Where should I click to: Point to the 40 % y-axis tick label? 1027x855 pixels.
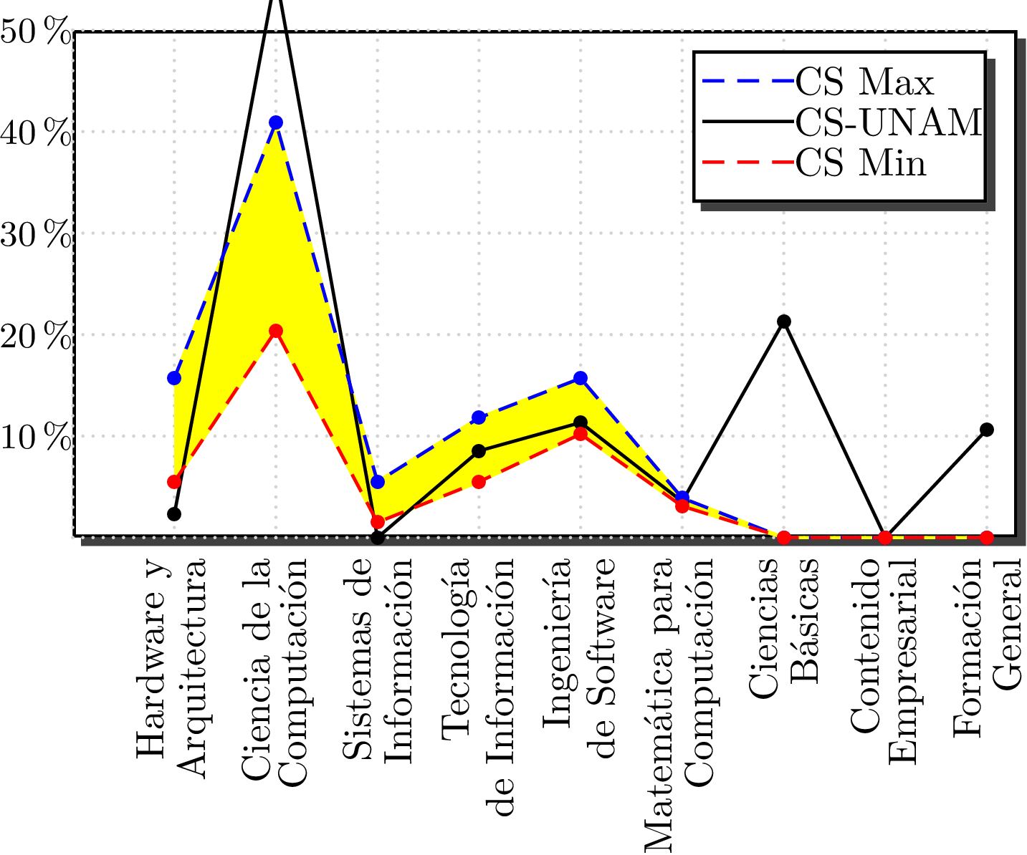pos(36,134)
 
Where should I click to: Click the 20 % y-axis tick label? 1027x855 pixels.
pos(36,337)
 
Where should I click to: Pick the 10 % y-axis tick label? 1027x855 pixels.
pos(36,438)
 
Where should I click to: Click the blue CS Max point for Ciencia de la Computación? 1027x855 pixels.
pos(276,122)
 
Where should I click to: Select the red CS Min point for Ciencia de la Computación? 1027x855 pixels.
pos(276,331)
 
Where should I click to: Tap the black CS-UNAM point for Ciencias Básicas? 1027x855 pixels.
pos(784,322)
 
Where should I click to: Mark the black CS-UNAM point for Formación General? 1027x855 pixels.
pos(987,430)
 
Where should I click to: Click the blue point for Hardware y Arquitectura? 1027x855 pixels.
pos(174,378)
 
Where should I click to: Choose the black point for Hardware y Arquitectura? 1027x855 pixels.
pos(174,514)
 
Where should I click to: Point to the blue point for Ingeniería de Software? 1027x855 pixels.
pos(581,378)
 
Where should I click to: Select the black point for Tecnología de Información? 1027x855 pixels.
pos(479,451)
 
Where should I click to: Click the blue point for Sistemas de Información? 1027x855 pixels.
pos(378,482)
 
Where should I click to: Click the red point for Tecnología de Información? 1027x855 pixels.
pos(479,482)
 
